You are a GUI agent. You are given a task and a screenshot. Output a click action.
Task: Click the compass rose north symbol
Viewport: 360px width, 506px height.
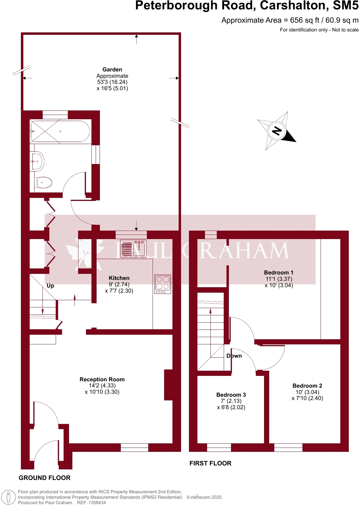pos(277,131)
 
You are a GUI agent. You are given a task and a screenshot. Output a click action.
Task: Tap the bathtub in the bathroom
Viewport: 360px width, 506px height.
pos(60,131)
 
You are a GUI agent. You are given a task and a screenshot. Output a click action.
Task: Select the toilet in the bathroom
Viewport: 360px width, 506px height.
pos(44,182)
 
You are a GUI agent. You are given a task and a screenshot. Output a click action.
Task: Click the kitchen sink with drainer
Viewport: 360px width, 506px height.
pos(133,249)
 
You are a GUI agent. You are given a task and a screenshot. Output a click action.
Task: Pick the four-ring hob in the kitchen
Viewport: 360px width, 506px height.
pos(163,284)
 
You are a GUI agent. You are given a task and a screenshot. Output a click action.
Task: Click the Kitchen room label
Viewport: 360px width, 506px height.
pos(119,278)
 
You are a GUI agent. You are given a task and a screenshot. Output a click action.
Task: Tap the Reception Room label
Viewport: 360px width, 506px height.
pos(102,379)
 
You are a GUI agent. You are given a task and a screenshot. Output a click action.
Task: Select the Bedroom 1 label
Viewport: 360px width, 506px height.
pos(279,273)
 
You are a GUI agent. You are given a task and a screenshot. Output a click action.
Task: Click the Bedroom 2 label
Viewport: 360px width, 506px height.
pos(307,386)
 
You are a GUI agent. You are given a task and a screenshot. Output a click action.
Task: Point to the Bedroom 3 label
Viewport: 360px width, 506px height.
pos(231,395)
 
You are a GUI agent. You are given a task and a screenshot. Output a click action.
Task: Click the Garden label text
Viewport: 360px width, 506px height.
pos(112,70)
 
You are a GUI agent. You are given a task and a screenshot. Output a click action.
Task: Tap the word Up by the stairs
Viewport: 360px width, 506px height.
pos(50,286)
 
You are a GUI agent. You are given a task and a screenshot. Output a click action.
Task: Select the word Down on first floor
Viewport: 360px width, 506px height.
pos(234,356)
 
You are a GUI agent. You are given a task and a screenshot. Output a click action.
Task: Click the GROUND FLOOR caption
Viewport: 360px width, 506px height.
pos(45,478)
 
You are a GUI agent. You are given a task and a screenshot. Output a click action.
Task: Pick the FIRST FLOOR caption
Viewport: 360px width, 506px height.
pos(210,463)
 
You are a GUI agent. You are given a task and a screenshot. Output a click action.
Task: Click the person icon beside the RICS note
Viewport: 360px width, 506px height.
pos(8,498)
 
